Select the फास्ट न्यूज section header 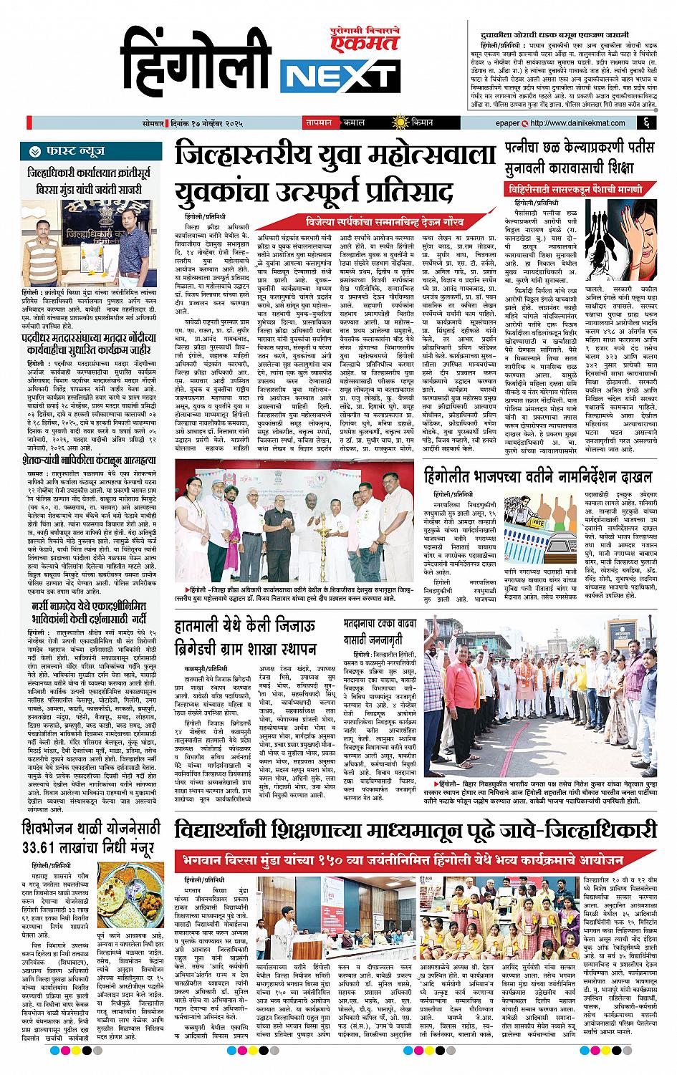[69, 152]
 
